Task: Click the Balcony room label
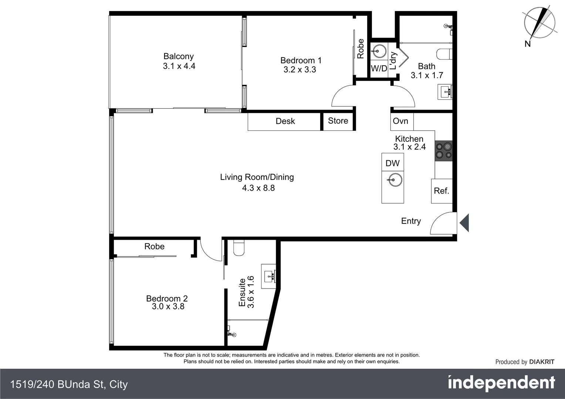click(x=179, y=57)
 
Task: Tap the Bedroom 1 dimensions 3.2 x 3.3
click(x=300, y=70)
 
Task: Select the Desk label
click(x=285, y=121)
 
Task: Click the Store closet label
click(x=338, y=121)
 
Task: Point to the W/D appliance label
click(x=379, y=68)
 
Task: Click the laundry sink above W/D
click(x=379, y=51)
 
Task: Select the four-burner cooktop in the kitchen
click(x=444, y=151)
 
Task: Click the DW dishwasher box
click(x=392, y=163)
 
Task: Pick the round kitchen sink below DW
click(x=395, y=181)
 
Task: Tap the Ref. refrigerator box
click(x=441, y=191)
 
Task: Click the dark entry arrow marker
click(x=464, y=223)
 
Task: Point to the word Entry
click(x=411, y=221)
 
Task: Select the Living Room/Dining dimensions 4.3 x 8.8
click(x=258, y=188)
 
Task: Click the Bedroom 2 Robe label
click(x=154, y=246)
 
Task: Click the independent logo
click(x=501, y=383)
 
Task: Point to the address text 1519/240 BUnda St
click(x=69, y=385)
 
